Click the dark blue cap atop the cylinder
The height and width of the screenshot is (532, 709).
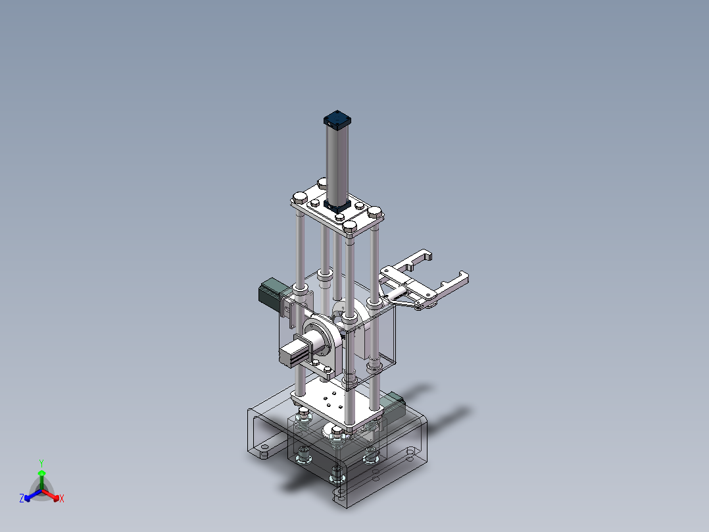tap(338, 120)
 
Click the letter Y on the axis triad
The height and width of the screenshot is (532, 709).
tap(41, 462)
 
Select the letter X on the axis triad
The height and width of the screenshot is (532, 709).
tap(62, 499)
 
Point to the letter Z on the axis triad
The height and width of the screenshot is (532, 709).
tap(21, 499)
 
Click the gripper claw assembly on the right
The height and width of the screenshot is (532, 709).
tap(424, 283)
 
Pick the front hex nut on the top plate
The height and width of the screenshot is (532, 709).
tap(349, 228)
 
